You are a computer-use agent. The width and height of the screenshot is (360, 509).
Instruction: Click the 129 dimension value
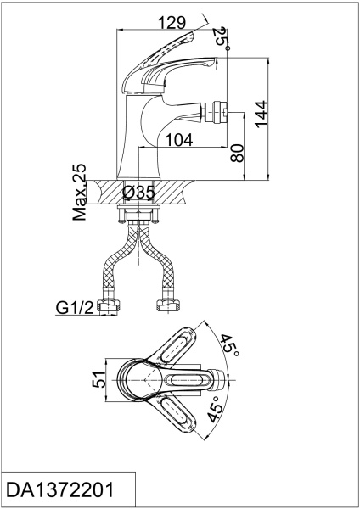pyautogui.click(x=172, y=23)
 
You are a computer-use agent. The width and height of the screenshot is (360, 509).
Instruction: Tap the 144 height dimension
pyautogui.click(x=262, y=115)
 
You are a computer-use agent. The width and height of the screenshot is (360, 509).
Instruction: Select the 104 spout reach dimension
pyautogui.click(x=179, y=140)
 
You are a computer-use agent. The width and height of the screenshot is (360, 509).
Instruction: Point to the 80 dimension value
pyautogui.click(x=237, y=153)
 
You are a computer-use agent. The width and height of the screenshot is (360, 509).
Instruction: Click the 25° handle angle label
pyautogui.click(x=222, y=39)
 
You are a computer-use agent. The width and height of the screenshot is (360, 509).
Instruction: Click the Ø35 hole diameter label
pyautogui.click(x=138, y=193)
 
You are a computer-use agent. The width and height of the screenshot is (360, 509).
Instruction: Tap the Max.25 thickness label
pyautogui.click(x=80, y=192)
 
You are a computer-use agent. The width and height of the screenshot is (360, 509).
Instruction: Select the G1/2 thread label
pyautogui.click(x=75, y=307)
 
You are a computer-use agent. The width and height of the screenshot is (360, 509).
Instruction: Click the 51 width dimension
pyautogui.click(x=99, y=379)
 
